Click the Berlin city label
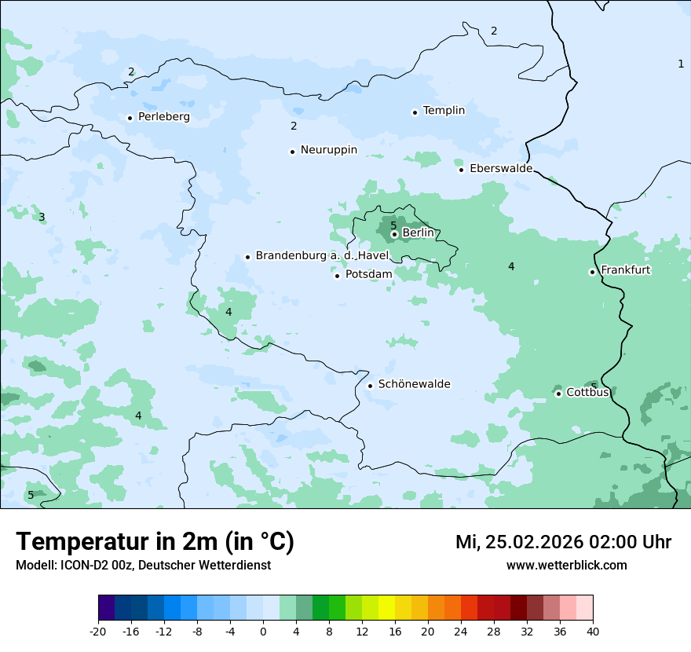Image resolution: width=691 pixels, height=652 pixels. [x=418, y=233]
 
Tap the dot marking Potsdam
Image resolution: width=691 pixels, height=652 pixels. [x=338, y=276]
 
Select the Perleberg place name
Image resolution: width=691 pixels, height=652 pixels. [x=163, y=117]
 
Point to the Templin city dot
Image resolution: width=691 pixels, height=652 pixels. [x=415, y=112]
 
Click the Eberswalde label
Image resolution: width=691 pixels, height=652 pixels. [x=500, y=169]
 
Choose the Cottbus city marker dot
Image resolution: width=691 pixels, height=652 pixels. [x=558, y=394]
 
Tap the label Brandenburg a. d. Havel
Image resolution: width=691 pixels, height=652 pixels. [x=322, y=256]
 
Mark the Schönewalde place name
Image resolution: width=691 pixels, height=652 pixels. [x=414, y=384]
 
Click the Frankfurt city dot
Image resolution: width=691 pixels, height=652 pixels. [x=592, y=272]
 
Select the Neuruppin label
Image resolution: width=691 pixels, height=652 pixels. [x=328, y=150]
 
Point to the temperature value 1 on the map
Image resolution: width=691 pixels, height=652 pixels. [x=681, y=64]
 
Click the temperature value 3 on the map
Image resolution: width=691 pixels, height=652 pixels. [x=42, y=217]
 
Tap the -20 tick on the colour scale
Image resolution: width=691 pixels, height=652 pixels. [x=98, y=631]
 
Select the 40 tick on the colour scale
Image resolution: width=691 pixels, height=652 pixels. [x=593, y=631]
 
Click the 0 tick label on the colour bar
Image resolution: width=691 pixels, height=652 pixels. [x=263, y=631]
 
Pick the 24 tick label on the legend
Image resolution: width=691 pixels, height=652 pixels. [x=461, y=631]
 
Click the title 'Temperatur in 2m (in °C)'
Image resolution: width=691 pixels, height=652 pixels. [x=155, y=542]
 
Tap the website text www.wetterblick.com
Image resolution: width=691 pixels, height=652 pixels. [x=566, y=566]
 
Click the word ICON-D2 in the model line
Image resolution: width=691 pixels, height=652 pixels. [x=79, y=566]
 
